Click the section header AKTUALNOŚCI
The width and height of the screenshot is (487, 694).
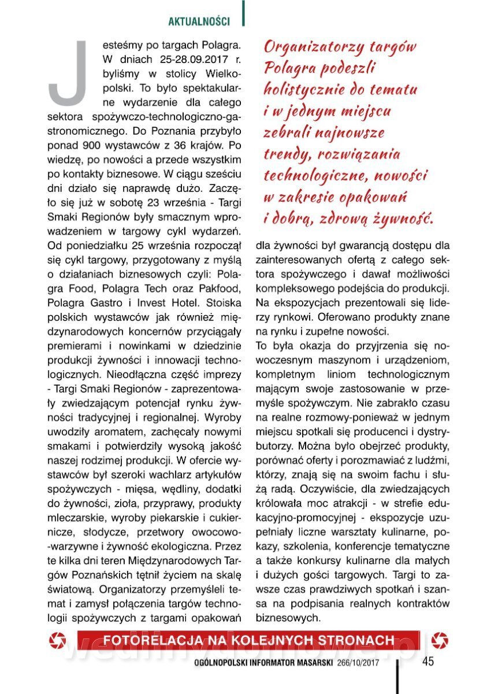[x=199, y=21]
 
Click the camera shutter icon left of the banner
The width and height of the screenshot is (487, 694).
[x=59, y=640]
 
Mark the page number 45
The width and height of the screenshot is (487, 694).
[x=428, y=662]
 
